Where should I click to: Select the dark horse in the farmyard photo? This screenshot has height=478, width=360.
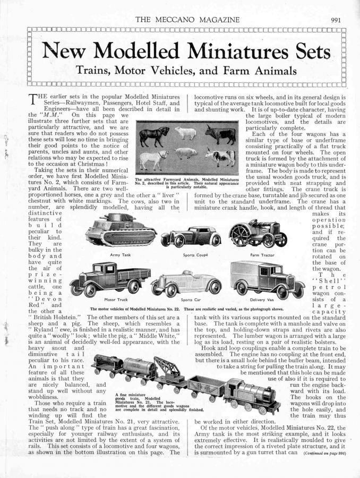(154, 134)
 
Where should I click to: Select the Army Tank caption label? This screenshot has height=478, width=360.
(116, 255)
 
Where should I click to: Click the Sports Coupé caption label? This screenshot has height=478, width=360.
(194, 255)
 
